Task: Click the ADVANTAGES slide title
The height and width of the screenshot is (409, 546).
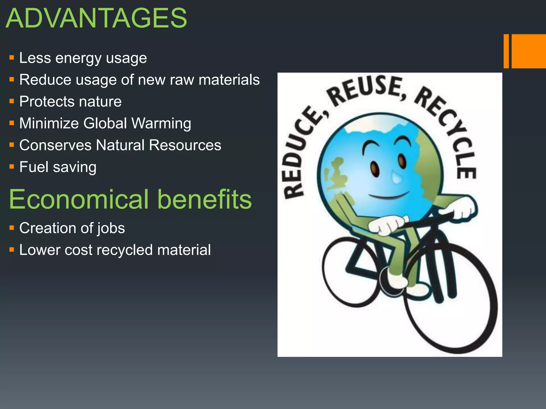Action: tap(96, 18)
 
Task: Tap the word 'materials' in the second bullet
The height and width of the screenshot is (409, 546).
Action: tap(229, 80)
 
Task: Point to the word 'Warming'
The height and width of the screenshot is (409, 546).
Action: tap(161, 124)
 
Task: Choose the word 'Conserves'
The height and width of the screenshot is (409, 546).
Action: tap(55, 145)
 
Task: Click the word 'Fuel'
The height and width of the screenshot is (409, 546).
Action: tap(34, 167)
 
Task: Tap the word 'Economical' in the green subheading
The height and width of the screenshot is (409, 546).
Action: tap(79, 199)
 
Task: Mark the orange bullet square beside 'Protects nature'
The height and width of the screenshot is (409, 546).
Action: tap(11, 101)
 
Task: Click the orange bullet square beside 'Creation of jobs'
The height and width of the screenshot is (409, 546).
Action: tap(11, 228)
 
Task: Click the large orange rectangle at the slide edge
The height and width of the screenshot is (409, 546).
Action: tap(529, 51)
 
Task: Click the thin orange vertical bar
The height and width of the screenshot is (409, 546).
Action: tap(506, 51)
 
